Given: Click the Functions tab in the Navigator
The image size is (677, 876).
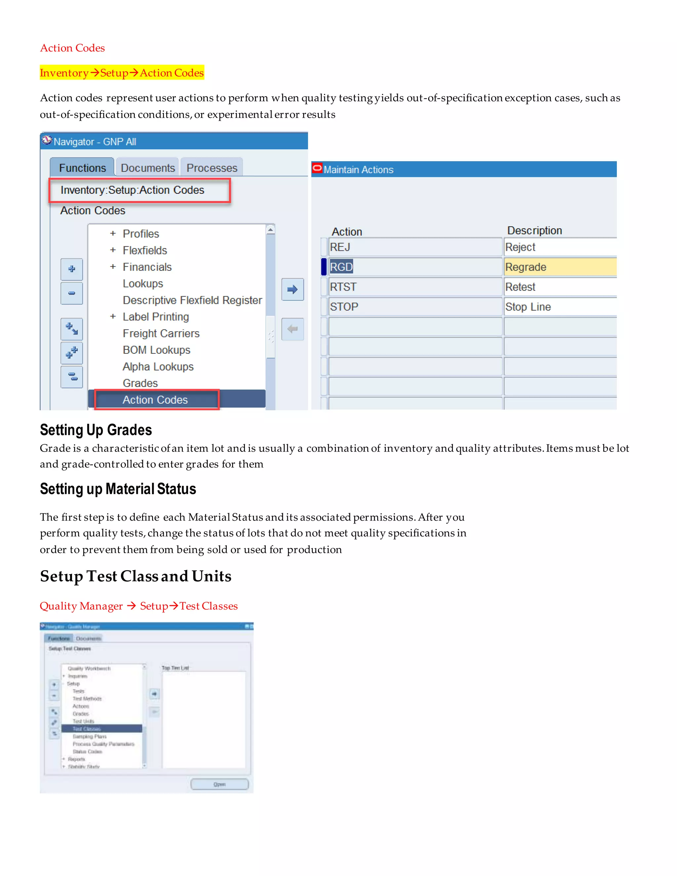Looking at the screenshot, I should pyautogui.click(x=82, y=168).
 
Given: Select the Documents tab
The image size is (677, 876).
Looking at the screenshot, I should pyautogui.click(x=147, y=168).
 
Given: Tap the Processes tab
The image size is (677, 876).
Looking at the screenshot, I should pyautogui.click(x=212, y=168).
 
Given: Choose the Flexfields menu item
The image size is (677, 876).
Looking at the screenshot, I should pyautogui.click(x=144, y=250).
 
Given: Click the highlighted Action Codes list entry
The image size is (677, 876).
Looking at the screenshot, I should pyautogui.click(x=155, y=400).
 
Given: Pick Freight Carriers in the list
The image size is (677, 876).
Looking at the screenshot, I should pyautogui.click(x=161, y=333).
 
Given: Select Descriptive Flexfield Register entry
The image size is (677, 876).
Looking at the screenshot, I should pyautogui.click(x=192, y=300).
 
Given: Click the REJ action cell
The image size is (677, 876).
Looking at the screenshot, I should pyautogui.click(x=415, y=247).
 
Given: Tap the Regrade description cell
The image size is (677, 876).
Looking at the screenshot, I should pyautogui.click(x=560, y=267).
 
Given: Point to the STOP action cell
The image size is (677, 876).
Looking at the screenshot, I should pyautogui.click(x=415, y=307).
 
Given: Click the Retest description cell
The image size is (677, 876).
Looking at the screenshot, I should pyautogui.click(x=560, y=287).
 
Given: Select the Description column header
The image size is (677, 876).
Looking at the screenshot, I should pyautogui.click(x=534, y=231).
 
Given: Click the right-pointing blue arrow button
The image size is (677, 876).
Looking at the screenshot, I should pyautogui.click(x=292, y=289).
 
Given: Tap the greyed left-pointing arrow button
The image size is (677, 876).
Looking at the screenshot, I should pyautogui.click(x=292, y=329).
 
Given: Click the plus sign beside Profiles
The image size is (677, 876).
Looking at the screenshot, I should pyautogui.click(x=113, y=233).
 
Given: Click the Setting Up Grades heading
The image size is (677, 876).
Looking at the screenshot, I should pyautogui.click(x=96, y=430).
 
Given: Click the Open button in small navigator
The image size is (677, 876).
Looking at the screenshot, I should pyautogui.click(x=219, y=784).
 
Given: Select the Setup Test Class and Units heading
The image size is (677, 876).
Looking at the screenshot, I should pyautogui.click(x=136, y=576).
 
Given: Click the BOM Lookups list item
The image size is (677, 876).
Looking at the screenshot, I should pyautogui.click(x=156, y=350).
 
